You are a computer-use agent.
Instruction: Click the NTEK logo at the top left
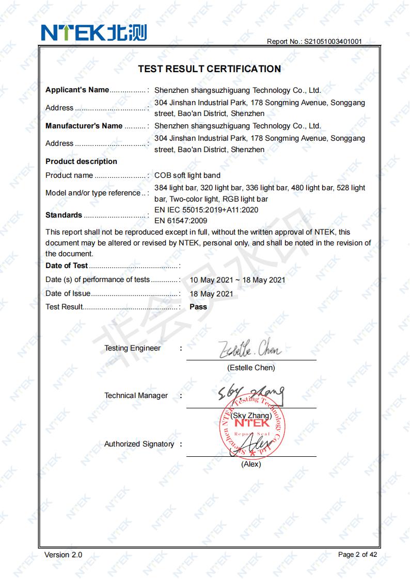94,32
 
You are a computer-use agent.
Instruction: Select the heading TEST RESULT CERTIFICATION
210,69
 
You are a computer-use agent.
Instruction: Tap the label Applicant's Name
77,90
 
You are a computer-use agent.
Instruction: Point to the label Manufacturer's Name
84,126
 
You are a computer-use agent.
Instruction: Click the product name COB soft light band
187,175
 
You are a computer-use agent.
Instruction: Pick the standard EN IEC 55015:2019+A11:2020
207,210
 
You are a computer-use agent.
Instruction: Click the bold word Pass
198,307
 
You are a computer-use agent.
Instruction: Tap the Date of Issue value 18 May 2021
212,294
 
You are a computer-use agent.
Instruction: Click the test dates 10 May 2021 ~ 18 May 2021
238,280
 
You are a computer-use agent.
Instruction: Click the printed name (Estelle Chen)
251,368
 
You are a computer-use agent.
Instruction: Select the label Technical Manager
136,395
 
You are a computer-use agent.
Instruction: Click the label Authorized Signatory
139,444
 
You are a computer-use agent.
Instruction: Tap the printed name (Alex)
251,464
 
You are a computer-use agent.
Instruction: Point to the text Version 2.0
63,555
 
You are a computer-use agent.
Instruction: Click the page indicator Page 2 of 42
357,555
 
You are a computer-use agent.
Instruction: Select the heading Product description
81,161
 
